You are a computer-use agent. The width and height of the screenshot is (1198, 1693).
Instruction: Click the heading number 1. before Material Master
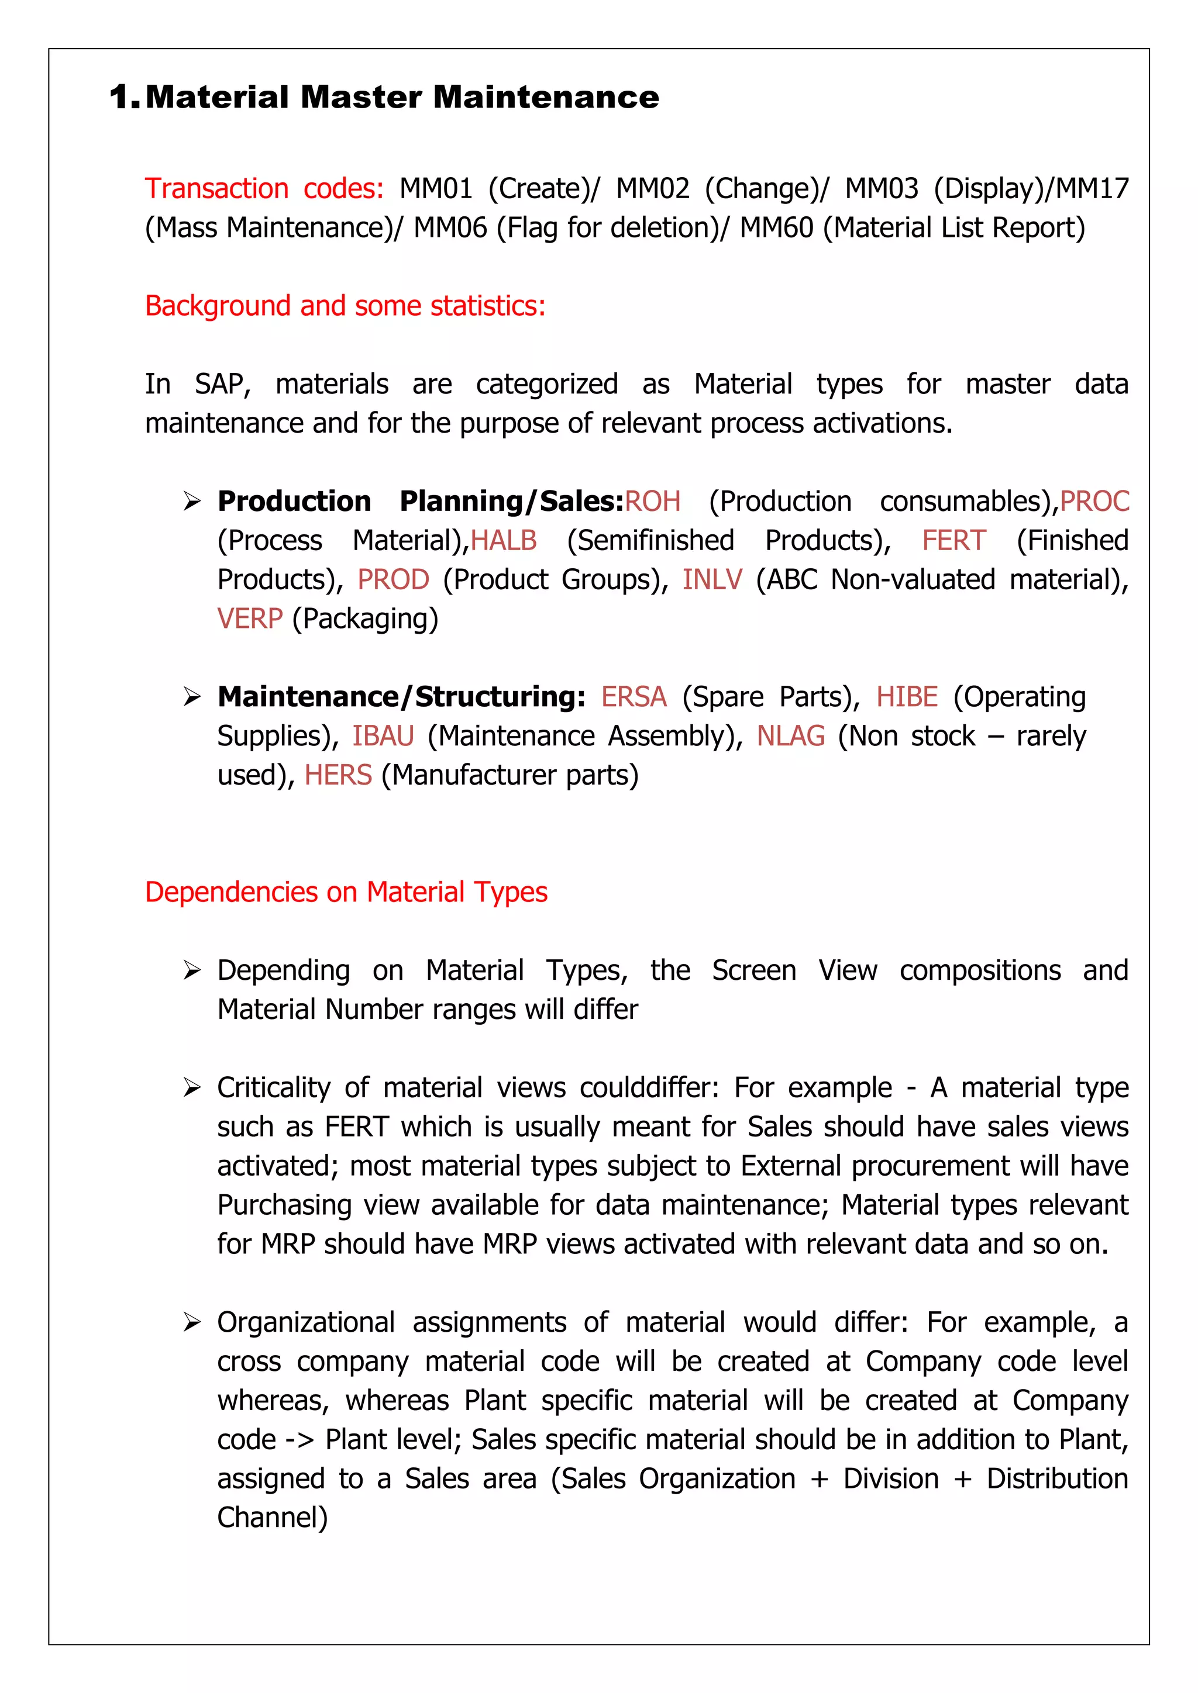[123, 97]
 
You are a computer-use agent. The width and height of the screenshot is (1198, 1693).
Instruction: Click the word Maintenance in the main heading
[546, 97]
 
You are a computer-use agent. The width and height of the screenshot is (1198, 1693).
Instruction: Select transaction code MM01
[435, 189]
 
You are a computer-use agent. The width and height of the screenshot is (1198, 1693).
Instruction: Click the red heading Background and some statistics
[345, 306]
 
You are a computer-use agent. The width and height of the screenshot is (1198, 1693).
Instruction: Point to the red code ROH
[653, 502]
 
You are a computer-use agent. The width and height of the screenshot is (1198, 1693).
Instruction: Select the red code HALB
[504, 541]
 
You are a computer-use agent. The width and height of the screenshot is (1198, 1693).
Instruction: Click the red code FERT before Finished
[954, 541]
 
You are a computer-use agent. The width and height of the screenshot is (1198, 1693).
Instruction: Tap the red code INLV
[712, 579]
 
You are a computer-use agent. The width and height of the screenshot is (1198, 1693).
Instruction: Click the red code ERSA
[634, 697]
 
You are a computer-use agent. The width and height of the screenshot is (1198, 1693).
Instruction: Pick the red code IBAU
[383, 736]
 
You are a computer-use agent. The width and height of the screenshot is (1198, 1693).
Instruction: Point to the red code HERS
[338, 775]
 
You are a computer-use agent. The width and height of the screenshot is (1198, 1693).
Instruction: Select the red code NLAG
[791, 736]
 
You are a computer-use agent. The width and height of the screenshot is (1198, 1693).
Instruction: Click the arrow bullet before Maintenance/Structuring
[192, 697]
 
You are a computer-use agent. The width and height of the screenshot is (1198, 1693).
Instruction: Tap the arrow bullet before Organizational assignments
[192, 1323]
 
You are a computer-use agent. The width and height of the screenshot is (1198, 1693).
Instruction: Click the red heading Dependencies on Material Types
[346, 892]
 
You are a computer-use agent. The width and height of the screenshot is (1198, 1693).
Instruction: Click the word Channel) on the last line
[272, 1518]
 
